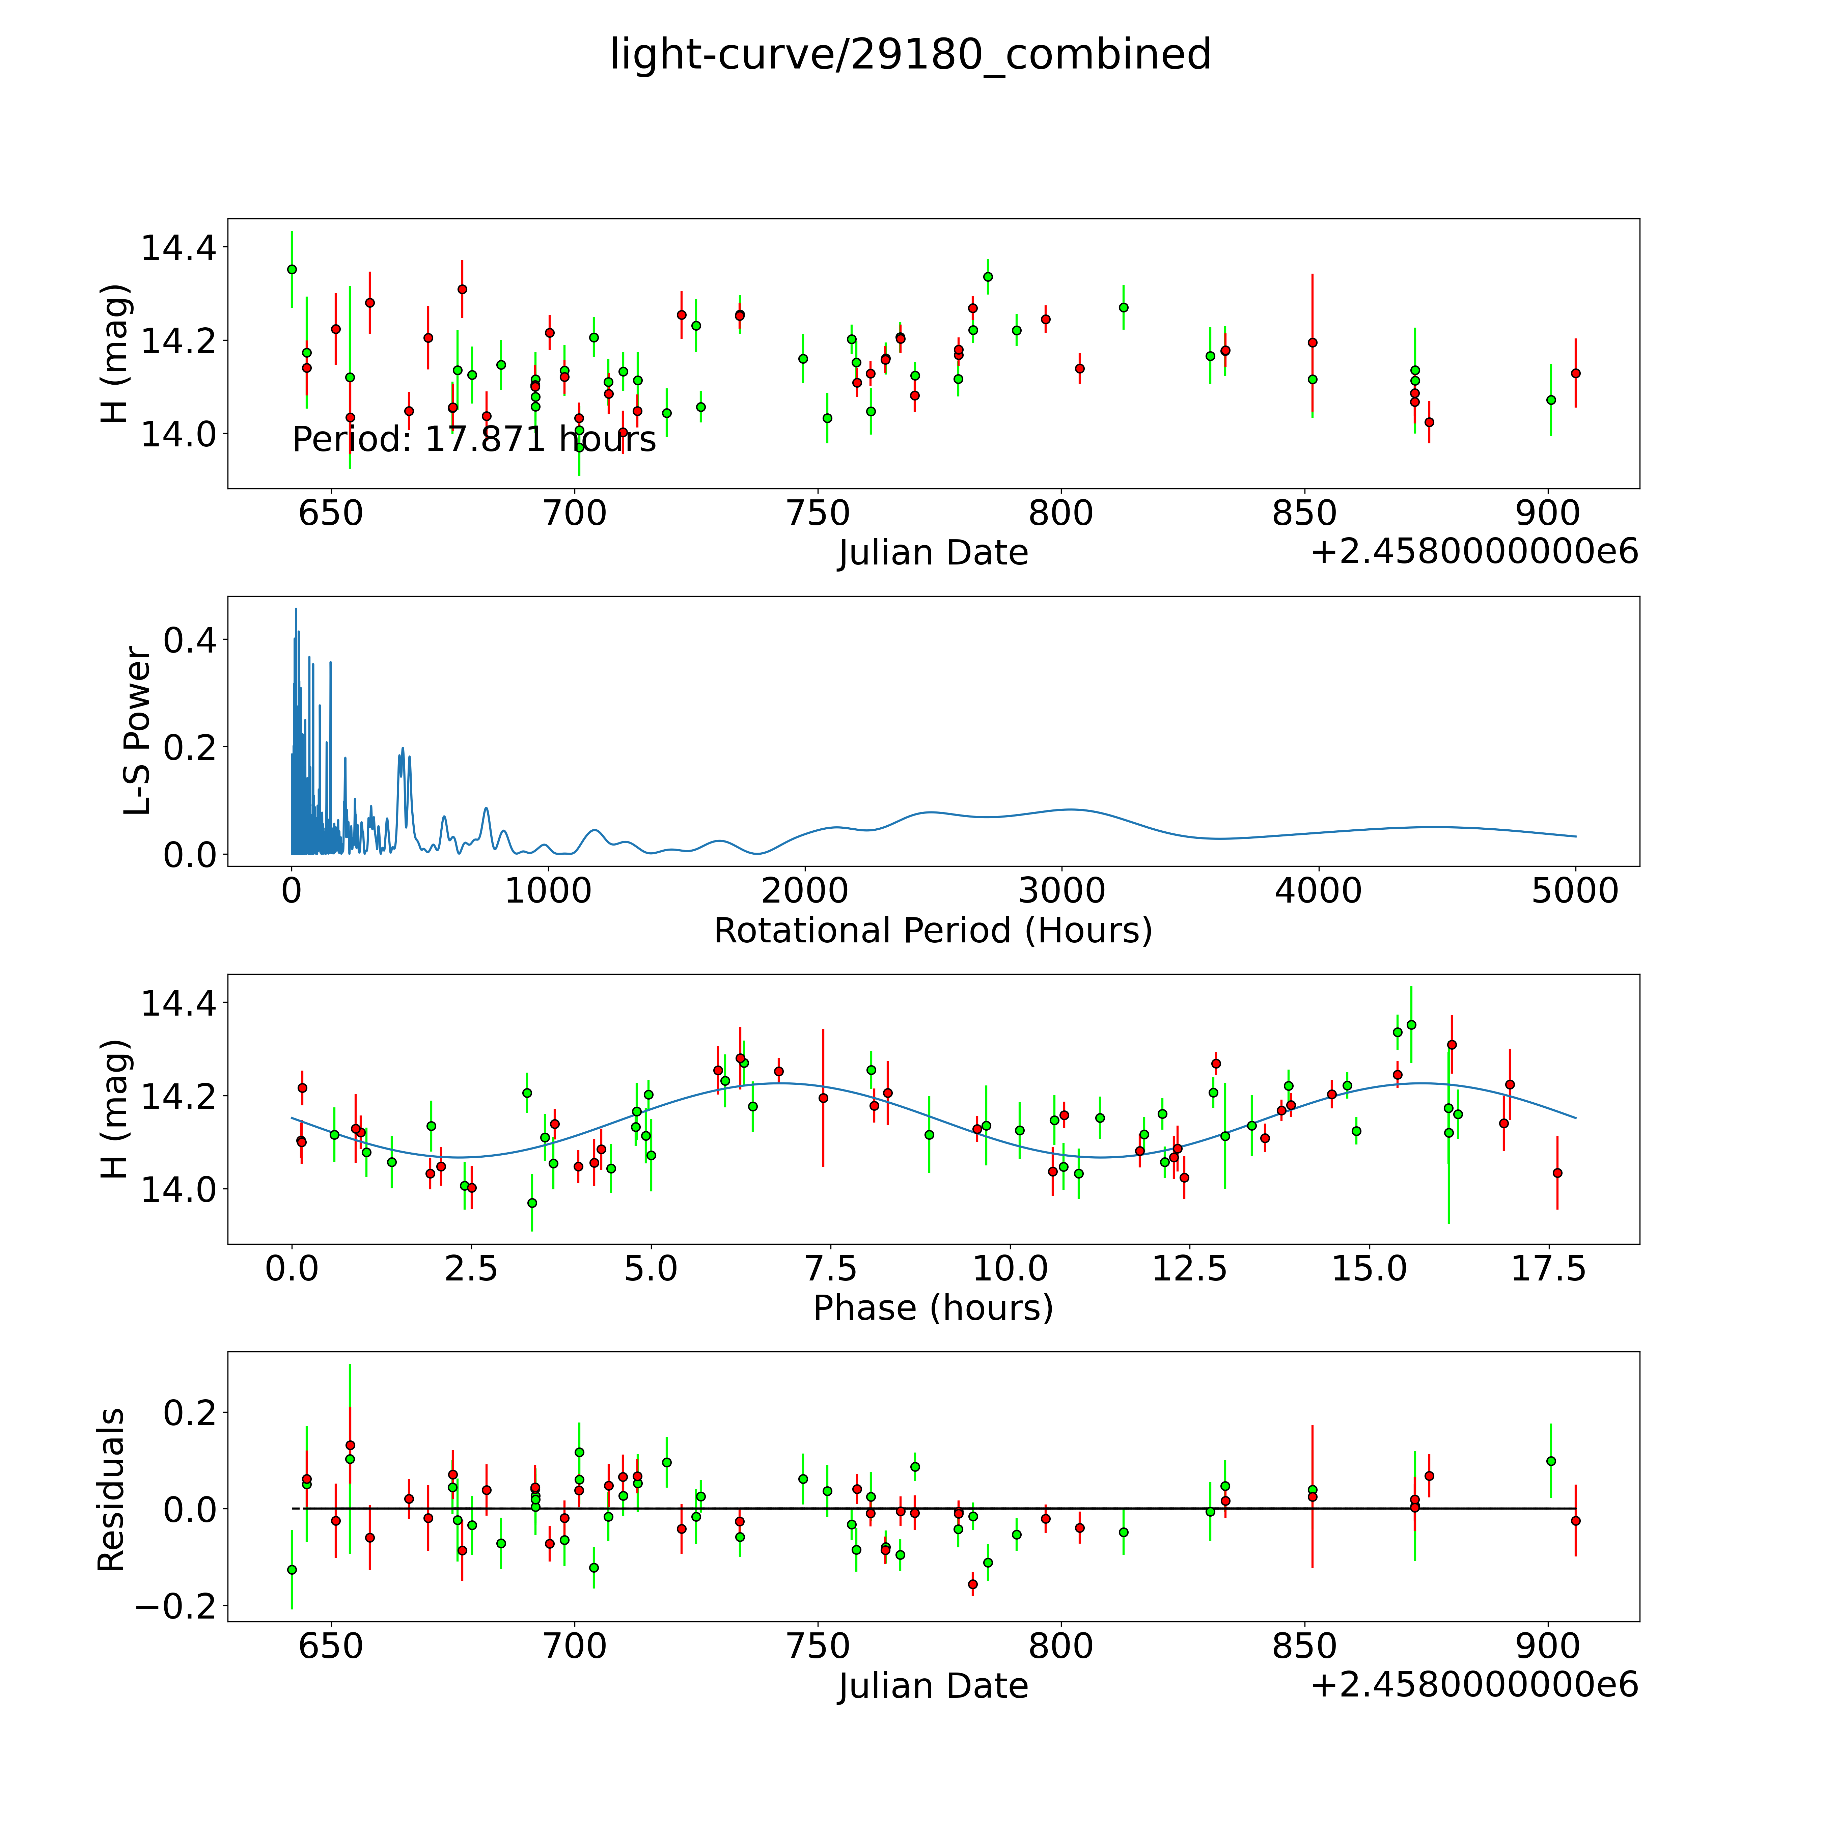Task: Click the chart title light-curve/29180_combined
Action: [910, 55]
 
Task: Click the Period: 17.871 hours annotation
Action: [473, 439]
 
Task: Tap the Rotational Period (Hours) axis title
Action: [933, 931]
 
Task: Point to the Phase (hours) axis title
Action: [933, 1308]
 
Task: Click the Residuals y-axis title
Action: [111, 1490]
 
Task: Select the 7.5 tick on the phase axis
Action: [830, 1268]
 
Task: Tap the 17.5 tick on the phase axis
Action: [1548, 1268]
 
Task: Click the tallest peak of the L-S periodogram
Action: [295, 609]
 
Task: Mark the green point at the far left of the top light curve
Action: [292, 269]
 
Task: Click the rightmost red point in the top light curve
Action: [1575, 374]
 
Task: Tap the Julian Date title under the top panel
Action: [933, 553]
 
